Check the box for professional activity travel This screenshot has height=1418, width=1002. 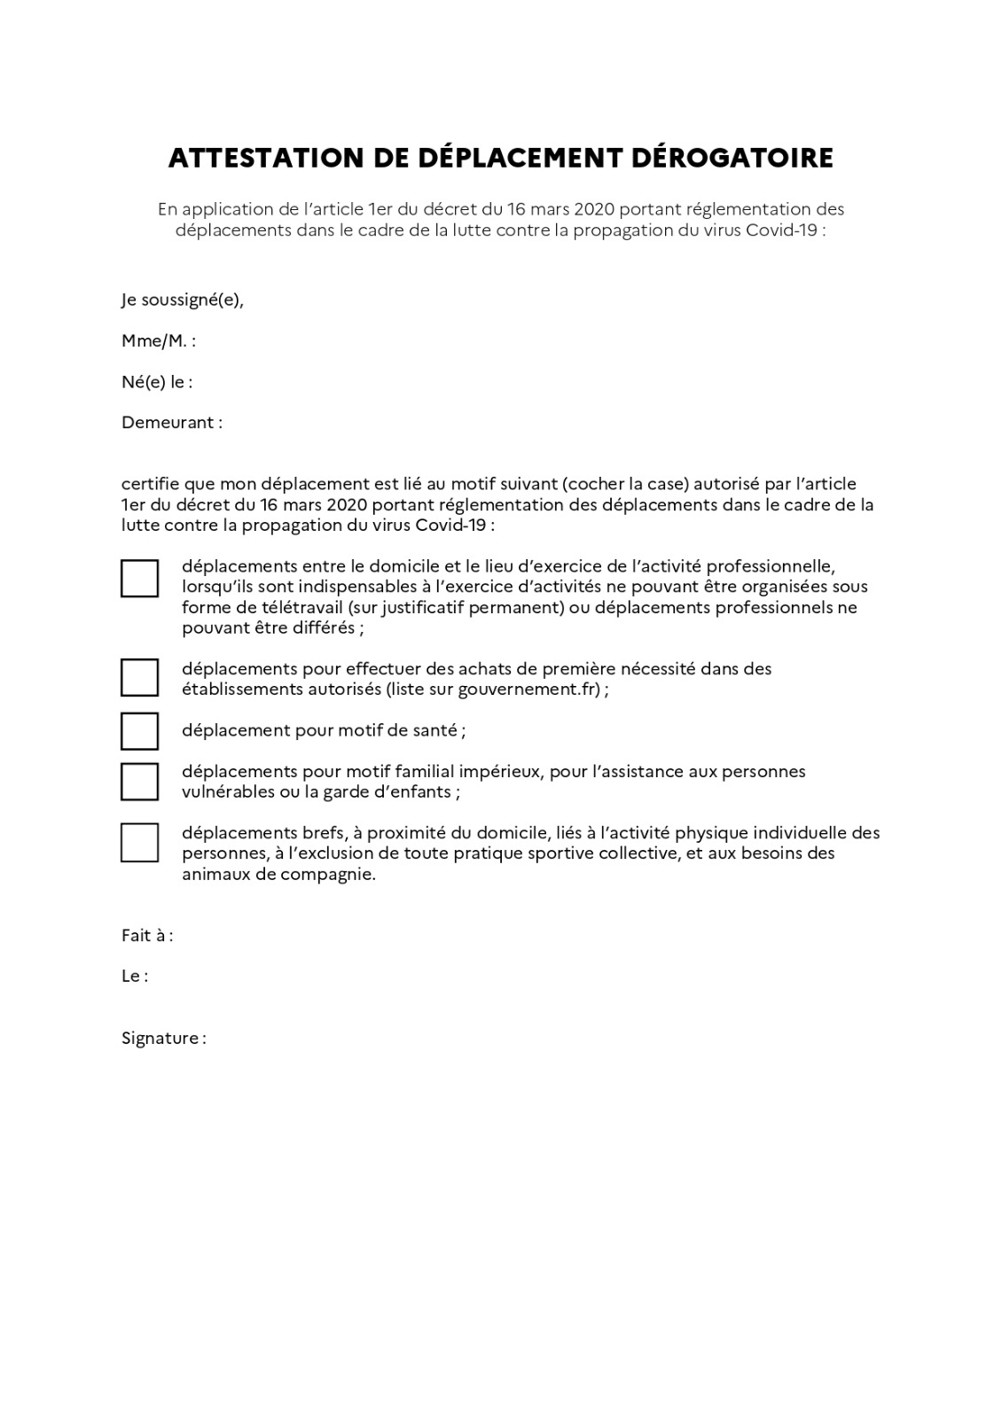139,579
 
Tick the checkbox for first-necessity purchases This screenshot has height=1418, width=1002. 139,678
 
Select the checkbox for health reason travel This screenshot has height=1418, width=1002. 139,731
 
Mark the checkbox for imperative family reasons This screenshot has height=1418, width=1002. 139,782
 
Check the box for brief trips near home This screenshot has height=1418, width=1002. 139,843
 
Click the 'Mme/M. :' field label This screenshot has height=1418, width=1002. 159,341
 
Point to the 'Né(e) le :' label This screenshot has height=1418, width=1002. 157,382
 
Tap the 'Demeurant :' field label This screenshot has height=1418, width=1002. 172,423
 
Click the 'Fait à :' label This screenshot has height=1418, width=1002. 147,936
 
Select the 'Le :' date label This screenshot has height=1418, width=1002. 135,977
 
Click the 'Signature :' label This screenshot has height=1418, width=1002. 164,1039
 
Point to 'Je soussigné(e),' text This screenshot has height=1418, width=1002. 183,300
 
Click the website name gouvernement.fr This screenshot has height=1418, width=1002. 529,690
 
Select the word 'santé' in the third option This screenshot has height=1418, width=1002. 434,731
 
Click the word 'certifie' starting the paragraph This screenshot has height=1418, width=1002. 150,485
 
